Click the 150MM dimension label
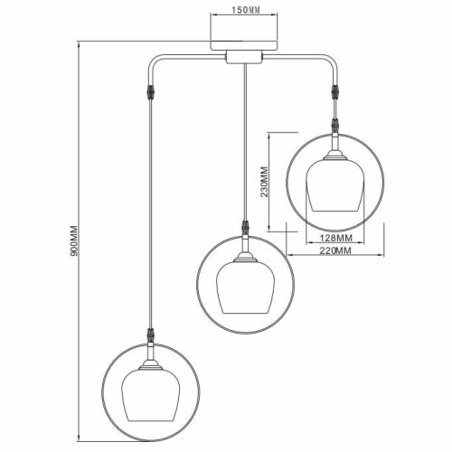pyautogui.click(x=246, y=10)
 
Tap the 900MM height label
pyautogui.click(x=74, y=240)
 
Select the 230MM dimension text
pyautogui.click(x=264, y=182)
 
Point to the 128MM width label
pyautogui.click(x=335, y=238)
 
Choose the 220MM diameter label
pyautogui.click(x=335, y=250)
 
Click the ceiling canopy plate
pyautogui.click(x=244, y=45)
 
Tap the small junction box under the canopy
pyautogui.click(x=244, y=57)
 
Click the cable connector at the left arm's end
pyautogui.click(x=150, y=91)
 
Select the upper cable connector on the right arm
pyautogui.click(x=334, y=92)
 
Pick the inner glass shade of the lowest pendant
pyautogui.click(x=151, y=395)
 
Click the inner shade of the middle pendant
pyautogui.click(x=245, y=287)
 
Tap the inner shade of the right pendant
pyautogui.click(x=335, y=185)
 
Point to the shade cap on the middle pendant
pyautogui.click(x=246, y=258)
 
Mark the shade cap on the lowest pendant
pyautogui.click(x=151, y=365)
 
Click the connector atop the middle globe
pyautogui.click(x=246, y=228)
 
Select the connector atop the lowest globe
pyautogui.click(x=151, y=335)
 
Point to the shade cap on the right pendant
pyautogui.click(x=335, y=155)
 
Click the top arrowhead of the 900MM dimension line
pyautogui.click(x=79, y=45)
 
